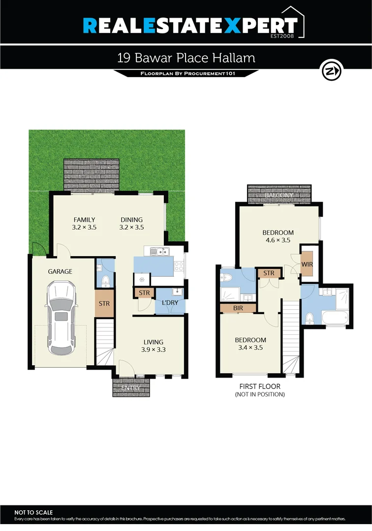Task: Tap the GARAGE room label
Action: (60, 271)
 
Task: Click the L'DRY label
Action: (170, 303)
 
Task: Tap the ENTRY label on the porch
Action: (130, 388)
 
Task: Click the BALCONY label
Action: (279, 196)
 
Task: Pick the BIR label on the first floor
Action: (238, 308)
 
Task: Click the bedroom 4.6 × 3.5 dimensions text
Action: (278, 241)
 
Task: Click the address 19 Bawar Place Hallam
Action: (186, 58)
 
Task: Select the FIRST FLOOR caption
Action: (261, 386)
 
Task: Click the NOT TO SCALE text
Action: (33, 512)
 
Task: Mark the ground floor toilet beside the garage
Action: (105, 280)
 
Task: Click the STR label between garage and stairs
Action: (104, 303)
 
